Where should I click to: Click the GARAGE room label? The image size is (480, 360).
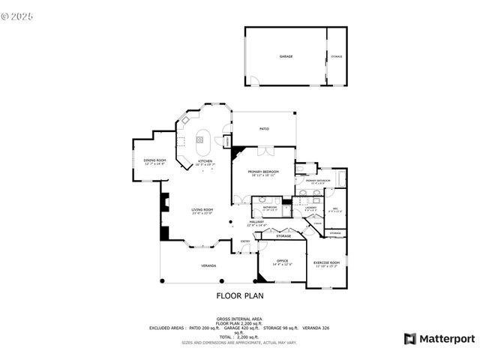(286, 56)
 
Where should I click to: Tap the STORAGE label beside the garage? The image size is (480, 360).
(337, 56)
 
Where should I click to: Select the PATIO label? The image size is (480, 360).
(264, 129)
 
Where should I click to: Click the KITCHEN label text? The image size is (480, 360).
(205, 161)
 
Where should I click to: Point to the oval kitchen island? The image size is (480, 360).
(202, 138)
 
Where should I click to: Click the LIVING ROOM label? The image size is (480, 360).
(202, 210)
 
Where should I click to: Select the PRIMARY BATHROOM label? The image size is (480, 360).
(318, 181)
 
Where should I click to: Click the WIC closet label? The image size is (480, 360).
(336, 208)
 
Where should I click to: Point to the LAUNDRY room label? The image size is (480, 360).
(310, 208)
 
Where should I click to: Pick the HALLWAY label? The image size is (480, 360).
(277, 222)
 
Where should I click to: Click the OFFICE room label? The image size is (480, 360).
(282, 261)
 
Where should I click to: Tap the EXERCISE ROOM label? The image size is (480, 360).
(327, 262)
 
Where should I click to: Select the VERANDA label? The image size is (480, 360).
(208, 266)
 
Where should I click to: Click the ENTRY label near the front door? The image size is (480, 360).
(245, 241)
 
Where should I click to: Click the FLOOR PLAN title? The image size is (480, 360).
(239, 296)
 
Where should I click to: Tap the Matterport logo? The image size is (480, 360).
(439, 339)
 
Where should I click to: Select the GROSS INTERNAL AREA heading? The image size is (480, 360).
(239, 318)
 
